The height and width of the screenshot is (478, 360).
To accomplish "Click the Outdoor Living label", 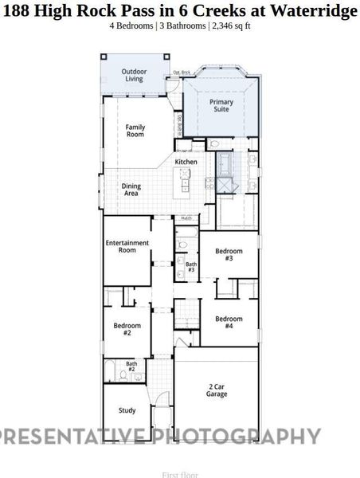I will pos(134,76).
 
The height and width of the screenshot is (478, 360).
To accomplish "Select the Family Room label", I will pos(135,131).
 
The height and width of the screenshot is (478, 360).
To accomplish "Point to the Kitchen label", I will pos(186,162).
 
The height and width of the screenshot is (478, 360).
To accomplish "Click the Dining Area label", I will pos(131,190).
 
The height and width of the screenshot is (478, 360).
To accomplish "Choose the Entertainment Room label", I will pos(127,246).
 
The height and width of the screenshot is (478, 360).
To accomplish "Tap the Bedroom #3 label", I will pos(229,254).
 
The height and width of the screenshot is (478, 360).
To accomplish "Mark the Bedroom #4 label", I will pos(229,322).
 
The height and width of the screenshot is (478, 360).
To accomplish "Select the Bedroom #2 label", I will pos(127,328).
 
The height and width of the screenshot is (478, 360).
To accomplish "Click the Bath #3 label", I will pos(191,266).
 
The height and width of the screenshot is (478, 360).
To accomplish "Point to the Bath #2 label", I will pos(131,366).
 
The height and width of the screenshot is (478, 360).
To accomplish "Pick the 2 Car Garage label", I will pos(217,390).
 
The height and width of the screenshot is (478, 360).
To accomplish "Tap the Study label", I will pos(127,411).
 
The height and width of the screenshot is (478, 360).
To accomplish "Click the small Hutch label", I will pos(186,217).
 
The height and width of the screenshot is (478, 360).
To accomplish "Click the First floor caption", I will pos(179,475).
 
